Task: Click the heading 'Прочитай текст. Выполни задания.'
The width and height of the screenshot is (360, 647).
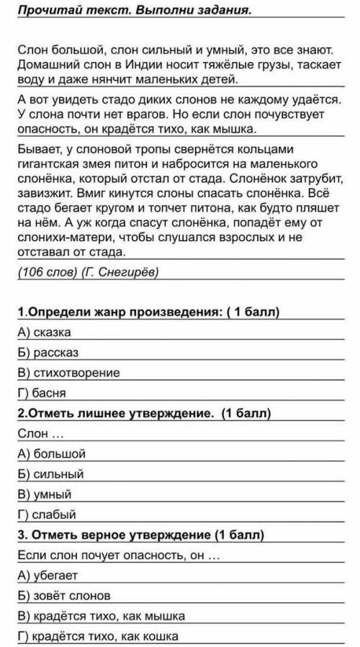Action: point(130,11)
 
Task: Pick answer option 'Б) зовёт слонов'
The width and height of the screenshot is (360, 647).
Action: point(61,596)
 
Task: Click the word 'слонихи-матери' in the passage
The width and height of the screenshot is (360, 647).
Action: point(60,238)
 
